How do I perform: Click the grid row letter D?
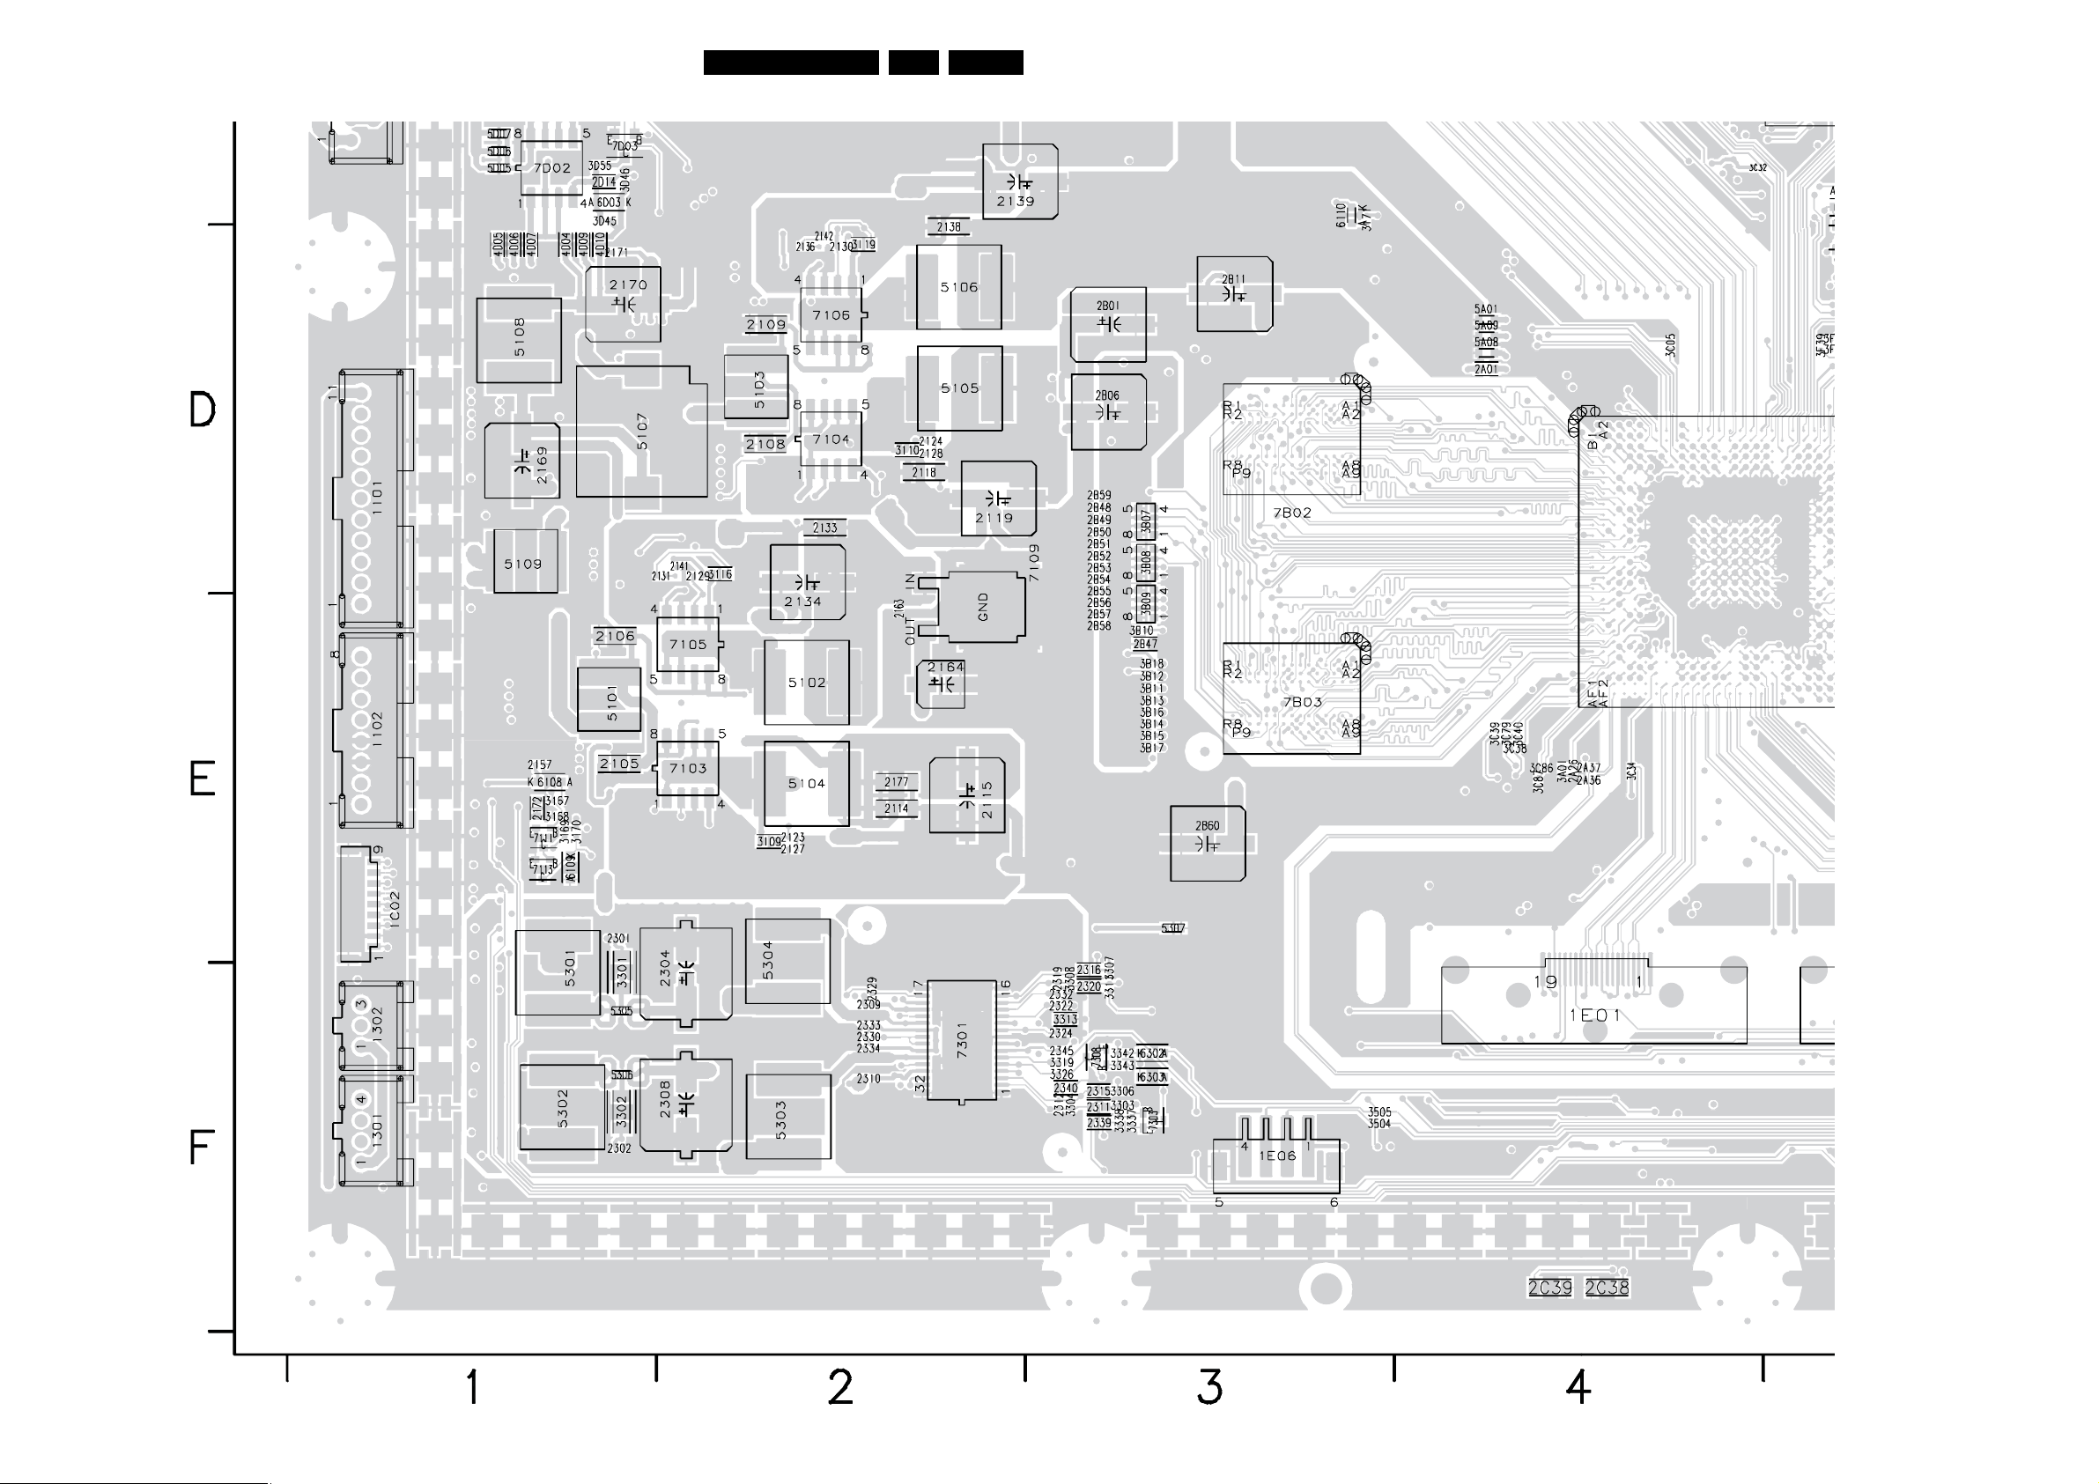(202, 410)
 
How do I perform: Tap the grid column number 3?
(1209, 1387)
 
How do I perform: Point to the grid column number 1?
(472, 1387)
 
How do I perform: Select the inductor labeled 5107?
(641, 432)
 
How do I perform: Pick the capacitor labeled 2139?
(1019, 182)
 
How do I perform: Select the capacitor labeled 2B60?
(1207, 843)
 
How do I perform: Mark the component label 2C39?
(1549, 1288)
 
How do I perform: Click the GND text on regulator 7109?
(984, 606)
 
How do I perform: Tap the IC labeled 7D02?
(551, 168)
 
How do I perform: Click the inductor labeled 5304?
(787, 961)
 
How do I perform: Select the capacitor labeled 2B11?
(1234, 293)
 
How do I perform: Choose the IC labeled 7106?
(830, 315)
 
